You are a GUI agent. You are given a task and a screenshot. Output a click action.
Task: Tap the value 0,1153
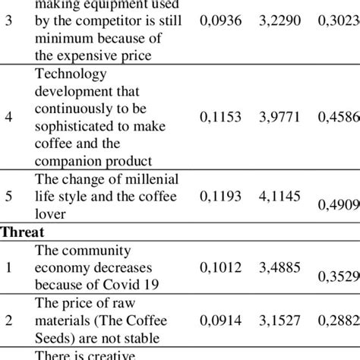220,117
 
